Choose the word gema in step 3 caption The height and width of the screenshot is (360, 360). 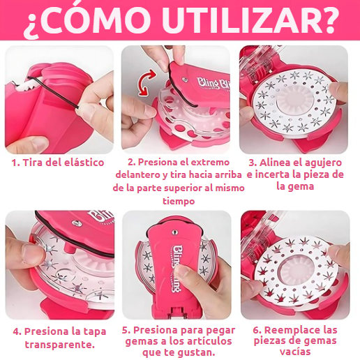click(314, 186)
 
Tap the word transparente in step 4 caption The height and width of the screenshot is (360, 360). click(59, 344)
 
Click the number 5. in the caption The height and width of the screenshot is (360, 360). click(126, 330)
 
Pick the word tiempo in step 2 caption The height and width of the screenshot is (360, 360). click(179, 200)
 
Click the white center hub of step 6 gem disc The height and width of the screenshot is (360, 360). click(297, 264)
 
